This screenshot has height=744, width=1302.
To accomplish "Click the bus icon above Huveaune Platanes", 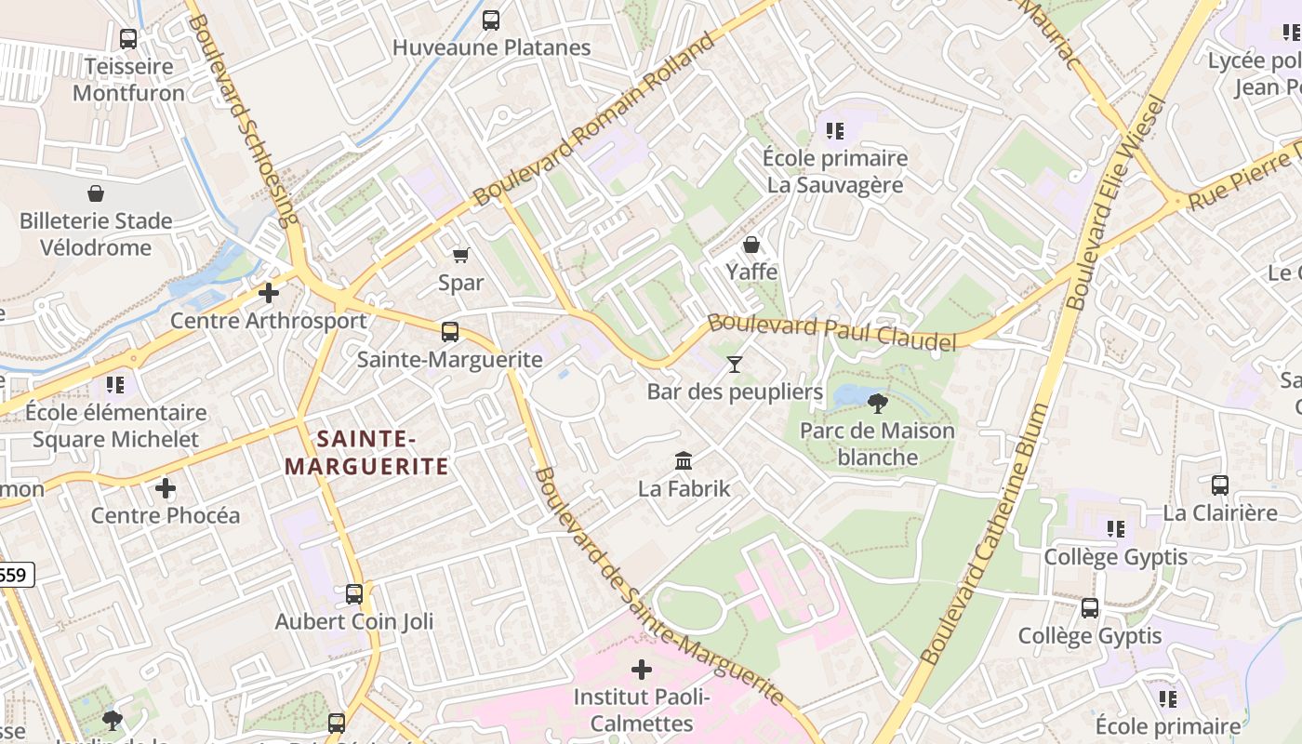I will pyautogui.click(x=491, y=20).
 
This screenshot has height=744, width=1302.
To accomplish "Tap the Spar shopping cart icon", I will pyautogui.click(x=460, y=255).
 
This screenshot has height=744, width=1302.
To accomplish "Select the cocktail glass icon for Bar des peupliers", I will pyautogui.click(x=735, y=365).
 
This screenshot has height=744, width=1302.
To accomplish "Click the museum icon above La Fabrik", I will pyautogui.click(x=684, y=460).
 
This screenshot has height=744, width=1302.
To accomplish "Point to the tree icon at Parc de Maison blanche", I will pyautogui.click(x=876, y=404).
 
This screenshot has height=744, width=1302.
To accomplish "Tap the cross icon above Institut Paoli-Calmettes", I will pyautogui.click(x=641, y=670).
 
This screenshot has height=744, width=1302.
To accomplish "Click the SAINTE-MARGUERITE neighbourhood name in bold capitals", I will pyautogui.click(x=366, y=452).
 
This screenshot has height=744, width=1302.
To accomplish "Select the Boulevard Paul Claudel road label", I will pyautogui.click(x=831, y=331).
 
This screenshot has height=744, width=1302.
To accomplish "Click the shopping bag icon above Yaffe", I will pyautogui.click(x=751, y=245).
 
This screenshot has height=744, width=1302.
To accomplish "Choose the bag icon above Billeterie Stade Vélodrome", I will pyautogui.click(x=96, y=193).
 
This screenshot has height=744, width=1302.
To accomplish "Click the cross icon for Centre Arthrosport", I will pyautogui.click(x=269, y=293).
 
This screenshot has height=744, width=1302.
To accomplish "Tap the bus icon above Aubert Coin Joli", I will pyautogui.click(x=353, y=593).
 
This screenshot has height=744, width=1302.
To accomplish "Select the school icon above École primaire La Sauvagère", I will pyautogui.click(x=834, y=131).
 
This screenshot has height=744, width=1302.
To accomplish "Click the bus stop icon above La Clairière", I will pyautogui.click(x=1219, y=485).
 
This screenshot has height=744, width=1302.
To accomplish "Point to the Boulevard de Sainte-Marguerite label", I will pyautogui.click(x=658, y=587).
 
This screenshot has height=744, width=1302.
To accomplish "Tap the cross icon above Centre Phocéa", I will pyautogui.click(x=165, y=487).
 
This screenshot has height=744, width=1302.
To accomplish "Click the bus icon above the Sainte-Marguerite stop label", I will pyautogui.click(x=450, y=331).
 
